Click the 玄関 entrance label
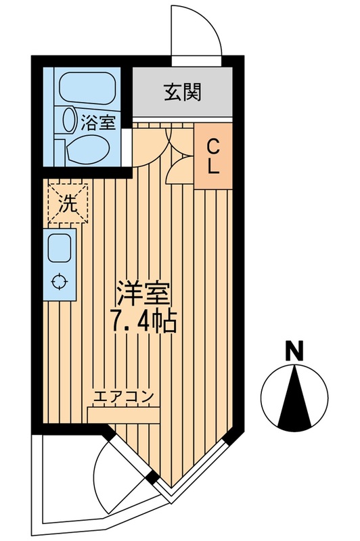pos(182,93)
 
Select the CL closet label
pos(212,157)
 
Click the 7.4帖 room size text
pos(143,321)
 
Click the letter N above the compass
pos(293,351)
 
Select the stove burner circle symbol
pos(59,283)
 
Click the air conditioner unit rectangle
pos(123,413)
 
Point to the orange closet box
pos(212,157)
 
